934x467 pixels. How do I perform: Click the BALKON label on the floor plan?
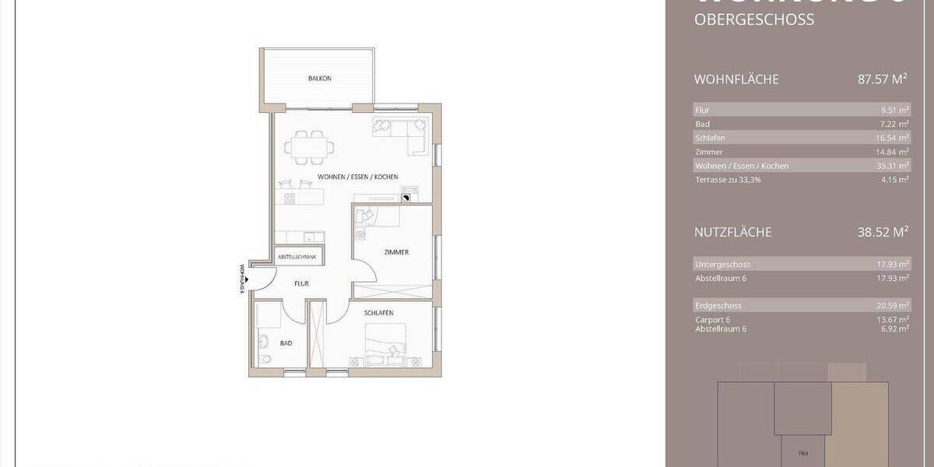tap(320, 79)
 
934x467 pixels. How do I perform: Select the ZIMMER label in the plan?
tap(396, 252)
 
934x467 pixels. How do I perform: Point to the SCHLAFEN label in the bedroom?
tap(378, 313)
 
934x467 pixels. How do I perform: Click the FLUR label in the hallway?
tap(301, 284)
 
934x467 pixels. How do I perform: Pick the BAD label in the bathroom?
tap(286, 342)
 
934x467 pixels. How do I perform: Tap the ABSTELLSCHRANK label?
tap(299, 256)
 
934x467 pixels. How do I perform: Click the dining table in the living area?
tap(311, 146)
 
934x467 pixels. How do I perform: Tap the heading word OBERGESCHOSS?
tap(753, 20)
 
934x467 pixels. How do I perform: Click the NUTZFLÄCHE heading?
tap(732, 232)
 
